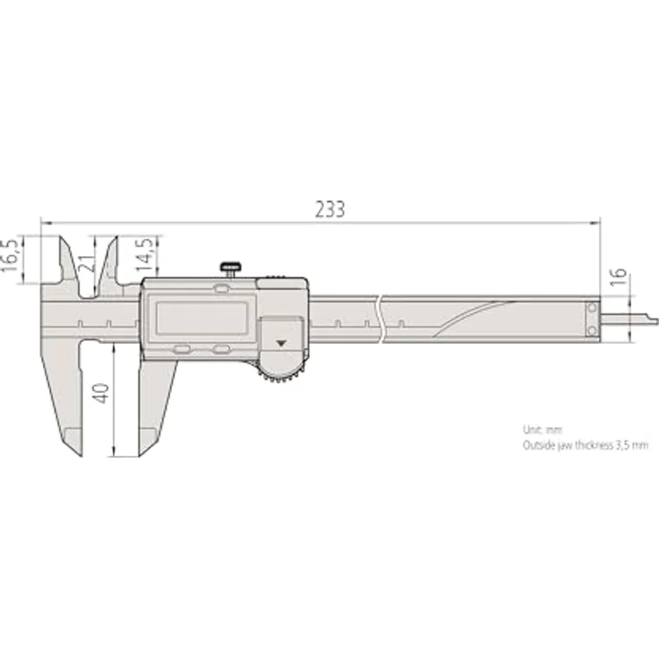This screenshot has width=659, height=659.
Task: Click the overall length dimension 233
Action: (x=329, y=209)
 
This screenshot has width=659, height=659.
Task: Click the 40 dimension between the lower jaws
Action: (x=101, y=392)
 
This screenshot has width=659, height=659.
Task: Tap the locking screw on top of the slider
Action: (x=232, y=268)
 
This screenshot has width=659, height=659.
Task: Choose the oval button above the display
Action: (x=221, y=288)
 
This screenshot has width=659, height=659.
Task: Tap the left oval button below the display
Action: (x=182, y=350)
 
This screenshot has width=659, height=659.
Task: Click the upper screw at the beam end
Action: (x=591, y=308)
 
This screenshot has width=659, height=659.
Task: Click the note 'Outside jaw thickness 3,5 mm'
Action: (x=584, y=444)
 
